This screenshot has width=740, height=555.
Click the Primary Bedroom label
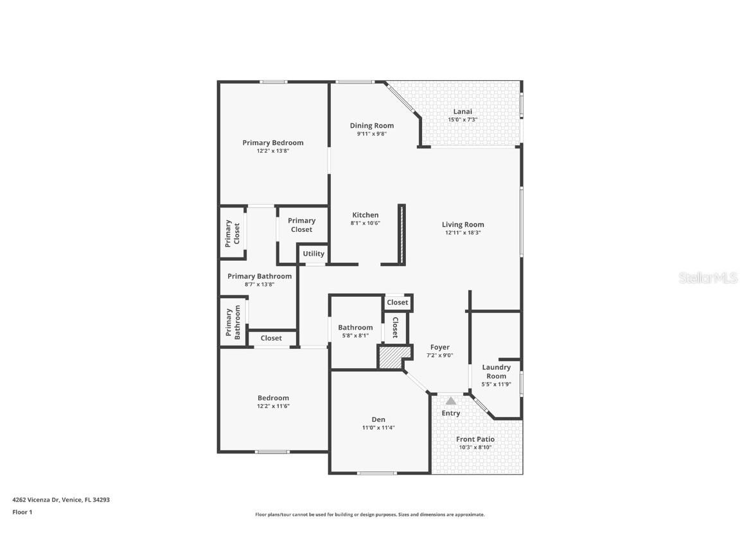coord(272,143)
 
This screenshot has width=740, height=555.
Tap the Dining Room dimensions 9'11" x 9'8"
coord(371,134)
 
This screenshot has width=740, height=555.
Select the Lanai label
coord(463,111)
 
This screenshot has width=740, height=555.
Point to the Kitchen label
coord(365,215)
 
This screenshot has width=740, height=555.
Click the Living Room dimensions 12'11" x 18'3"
coord(463,233)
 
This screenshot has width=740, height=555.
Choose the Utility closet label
coord(313,254)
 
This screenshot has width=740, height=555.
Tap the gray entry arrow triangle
coord(451,401)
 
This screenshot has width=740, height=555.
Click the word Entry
coord(451,413)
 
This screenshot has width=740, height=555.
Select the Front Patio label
coord(475,439)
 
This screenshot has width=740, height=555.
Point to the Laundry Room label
coord(496,371)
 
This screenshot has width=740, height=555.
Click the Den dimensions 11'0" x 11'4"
coord(378,427)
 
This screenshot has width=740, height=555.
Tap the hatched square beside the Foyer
coord(389,357)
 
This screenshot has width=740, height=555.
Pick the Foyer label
coord(440,347)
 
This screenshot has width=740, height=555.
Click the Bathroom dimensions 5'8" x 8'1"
coord(355,335)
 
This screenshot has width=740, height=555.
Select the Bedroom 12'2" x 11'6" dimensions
coord(273,406)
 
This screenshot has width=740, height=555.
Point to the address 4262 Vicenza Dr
coord(37,499)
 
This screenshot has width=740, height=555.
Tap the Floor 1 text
coord(22,512)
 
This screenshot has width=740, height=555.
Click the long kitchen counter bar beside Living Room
coord(401,234)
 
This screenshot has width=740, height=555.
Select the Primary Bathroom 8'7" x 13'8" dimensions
coord(260,284)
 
